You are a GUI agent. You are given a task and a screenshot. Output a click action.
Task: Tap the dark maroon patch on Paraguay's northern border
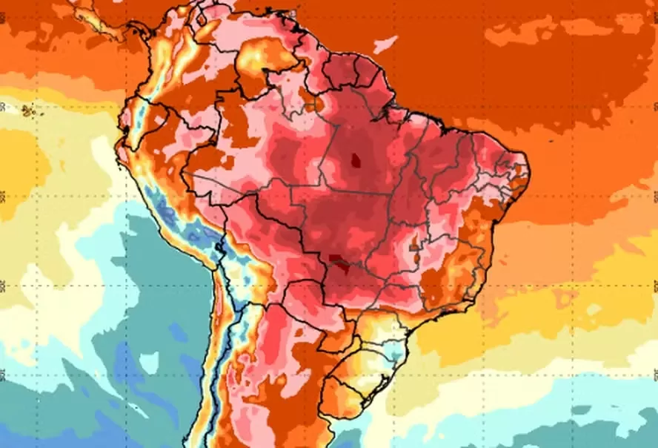338,260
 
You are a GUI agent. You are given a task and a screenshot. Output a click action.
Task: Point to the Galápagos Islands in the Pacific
29,111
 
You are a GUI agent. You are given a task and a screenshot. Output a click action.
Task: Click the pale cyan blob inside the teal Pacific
148,363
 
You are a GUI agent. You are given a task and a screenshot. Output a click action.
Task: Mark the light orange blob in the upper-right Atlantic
519,33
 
